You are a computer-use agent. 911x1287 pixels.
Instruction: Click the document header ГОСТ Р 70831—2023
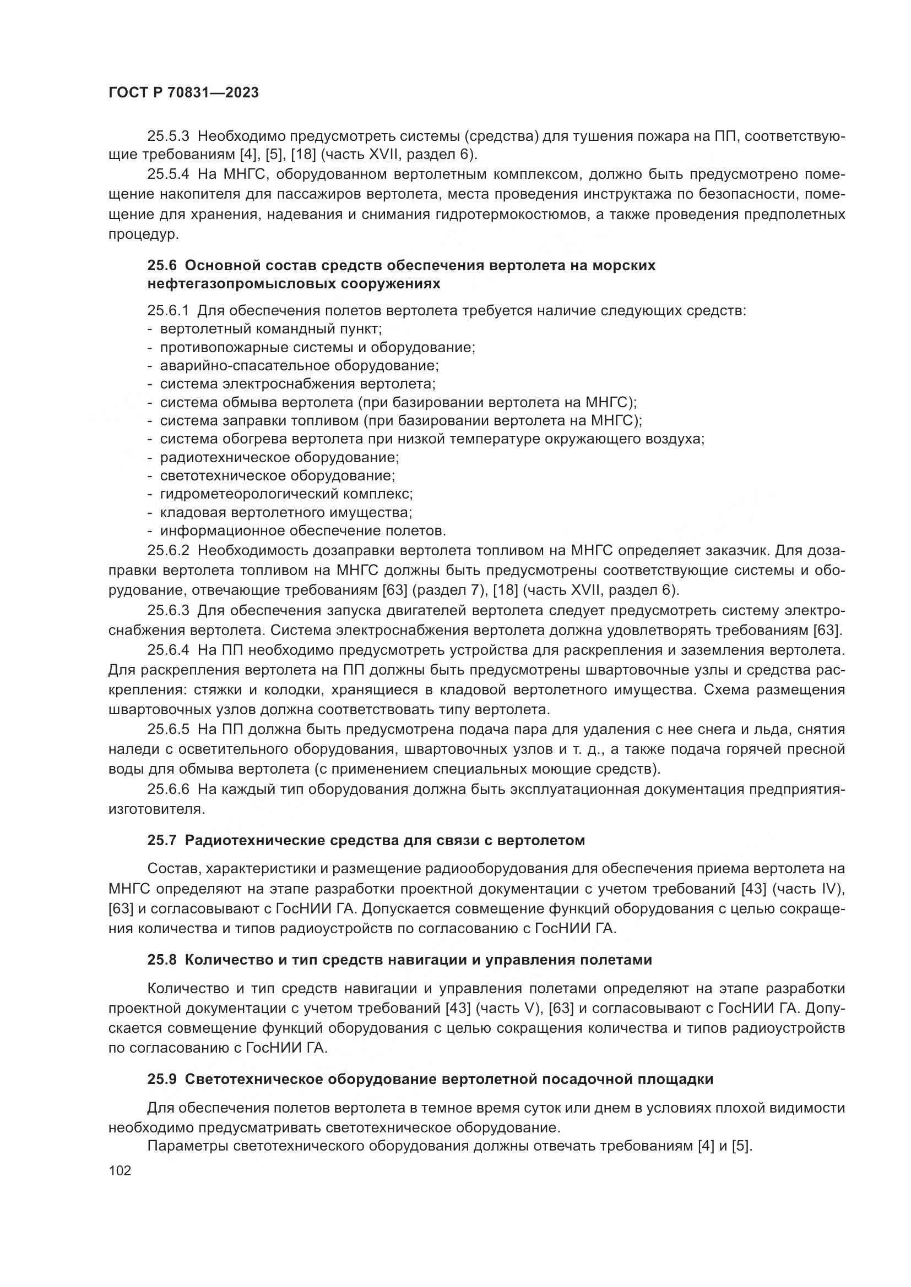[183, 93]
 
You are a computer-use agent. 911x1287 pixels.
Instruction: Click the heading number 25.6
[162, 265]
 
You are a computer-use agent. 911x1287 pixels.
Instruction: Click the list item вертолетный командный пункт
[270, 329]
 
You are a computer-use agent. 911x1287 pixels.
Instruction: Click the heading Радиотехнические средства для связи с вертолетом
[384, 840]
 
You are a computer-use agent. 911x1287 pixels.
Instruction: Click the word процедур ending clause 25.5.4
[143, 234]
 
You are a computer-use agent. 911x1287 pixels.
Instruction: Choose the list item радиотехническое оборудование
[279, 457]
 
